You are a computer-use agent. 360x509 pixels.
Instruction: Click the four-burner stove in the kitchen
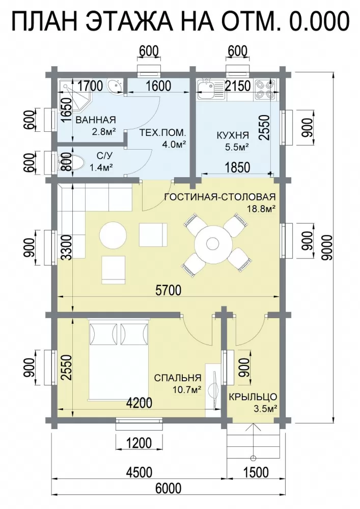[265, 89]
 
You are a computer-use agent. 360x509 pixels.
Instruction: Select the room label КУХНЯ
[233, 135]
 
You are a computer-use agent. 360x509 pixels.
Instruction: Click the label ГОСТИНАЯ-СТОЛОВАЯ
[220, 196]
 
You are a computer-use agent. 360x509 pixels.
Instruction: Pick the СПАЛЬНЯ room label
[178, 378]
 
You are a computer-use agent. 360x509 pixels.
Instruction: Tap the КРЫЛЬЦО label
[253, 397]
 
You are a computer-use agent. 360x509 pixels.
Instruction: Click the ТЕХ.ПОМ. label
[163, 132]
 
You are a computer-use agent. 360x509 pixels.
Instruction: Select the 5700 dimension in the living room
[168, 290]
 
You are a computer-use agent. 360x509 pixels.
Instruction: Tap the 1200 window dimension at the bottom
[139, 443]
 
